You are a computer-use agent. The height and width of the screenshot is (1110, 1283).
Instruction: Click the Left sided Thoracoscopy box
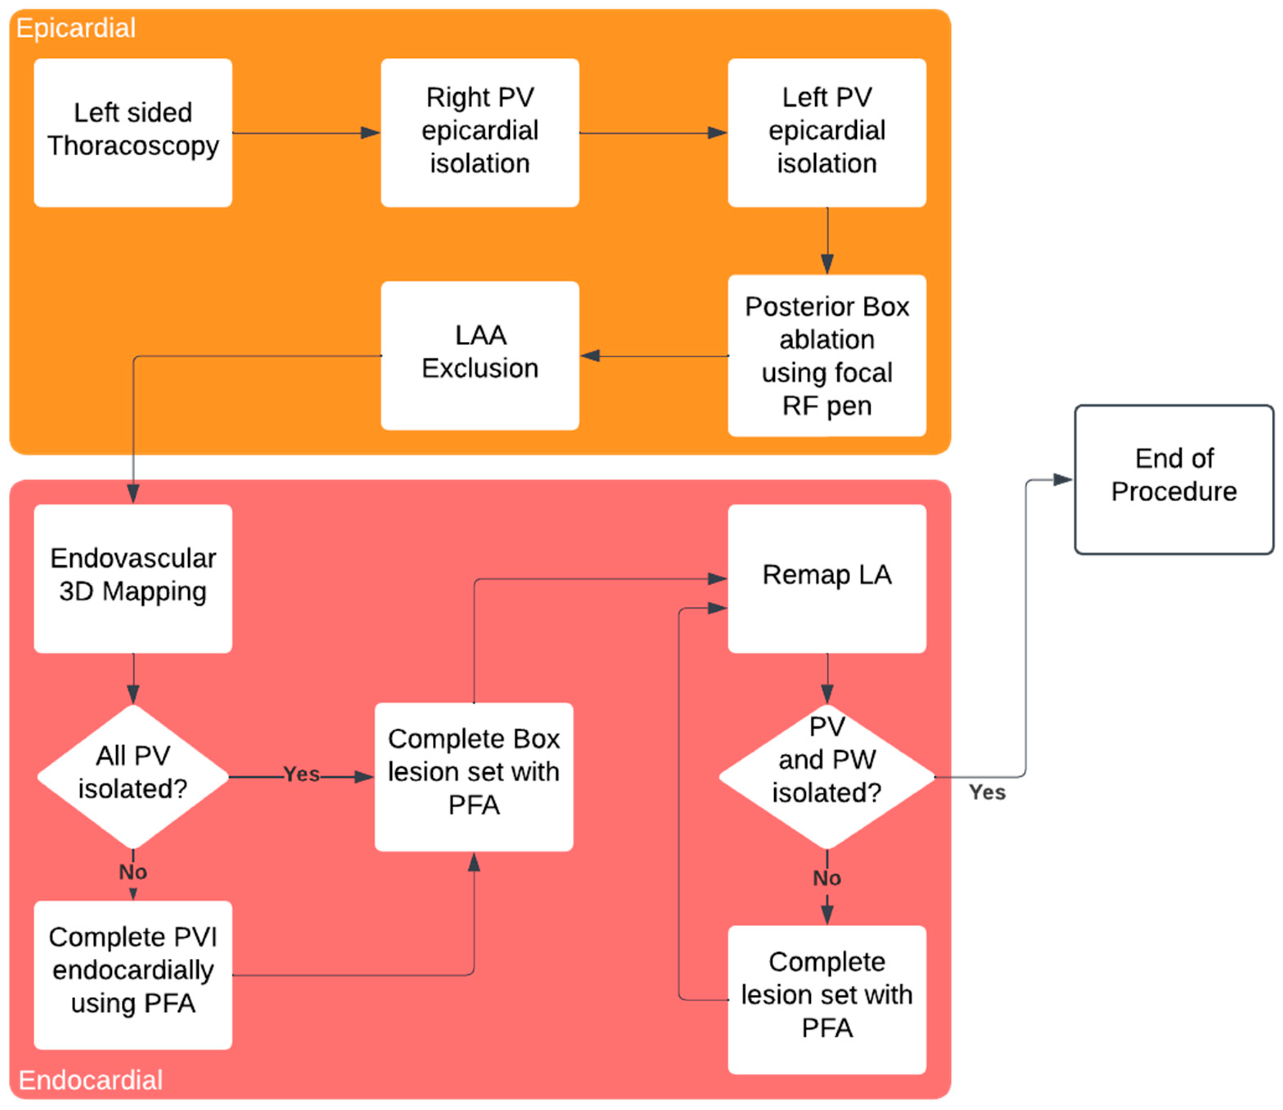(133, 133)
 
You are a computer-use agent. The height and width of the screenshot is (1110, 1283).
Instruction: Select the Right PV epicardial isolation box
(480, 133)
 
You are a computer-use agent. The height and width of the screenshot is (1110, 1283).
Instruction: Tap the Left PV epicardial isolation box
(827, 133)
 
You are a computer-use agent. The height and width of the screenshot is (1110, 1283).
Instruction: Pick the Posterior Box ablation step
(827, 356)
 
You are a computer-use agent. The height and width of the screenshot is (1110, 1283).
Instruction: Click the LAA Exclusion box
(480, 356)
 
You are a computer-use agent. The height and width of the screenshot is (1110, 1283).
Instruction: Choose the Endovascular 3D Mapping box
(133, 579)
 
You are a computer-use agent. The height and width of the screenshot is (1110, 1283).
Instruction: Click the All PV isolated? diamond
(133, 777)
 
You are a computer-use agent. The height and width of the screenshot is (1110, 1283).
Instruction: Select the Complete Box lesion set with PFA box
(474, 777)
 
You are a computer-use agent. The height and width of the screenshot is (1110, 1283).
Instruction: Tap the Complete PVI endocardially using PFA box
(133, 975)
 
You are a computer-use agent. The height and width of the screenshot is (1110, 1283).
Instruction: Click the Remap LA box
(827, 579)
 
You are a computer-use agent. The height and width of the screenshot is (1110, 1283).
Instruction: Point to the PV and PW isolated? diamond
(827, 777)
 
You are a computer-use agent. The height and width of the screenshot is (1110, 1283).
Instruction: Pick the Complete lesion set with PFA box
(827, 1000)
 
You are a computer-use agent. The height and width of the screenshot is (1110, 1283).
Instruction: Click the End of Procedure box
(1174, 480)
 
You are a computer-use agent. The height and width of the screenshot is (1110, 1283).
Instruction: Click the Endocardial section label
(90, 1080)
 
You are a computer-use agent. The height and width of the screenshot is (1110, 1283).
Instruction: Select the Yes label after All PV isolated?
(302, 774)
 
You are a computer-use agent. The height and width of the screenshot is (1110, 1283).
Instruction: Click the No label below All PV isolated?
(133, 872)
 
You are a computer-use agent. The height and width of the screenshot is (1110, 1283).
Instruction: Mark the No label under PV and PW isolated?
(827, 878)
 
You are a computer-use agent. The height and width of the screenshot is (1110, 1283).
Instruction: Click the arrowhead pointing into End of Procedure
(1064, 480)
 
